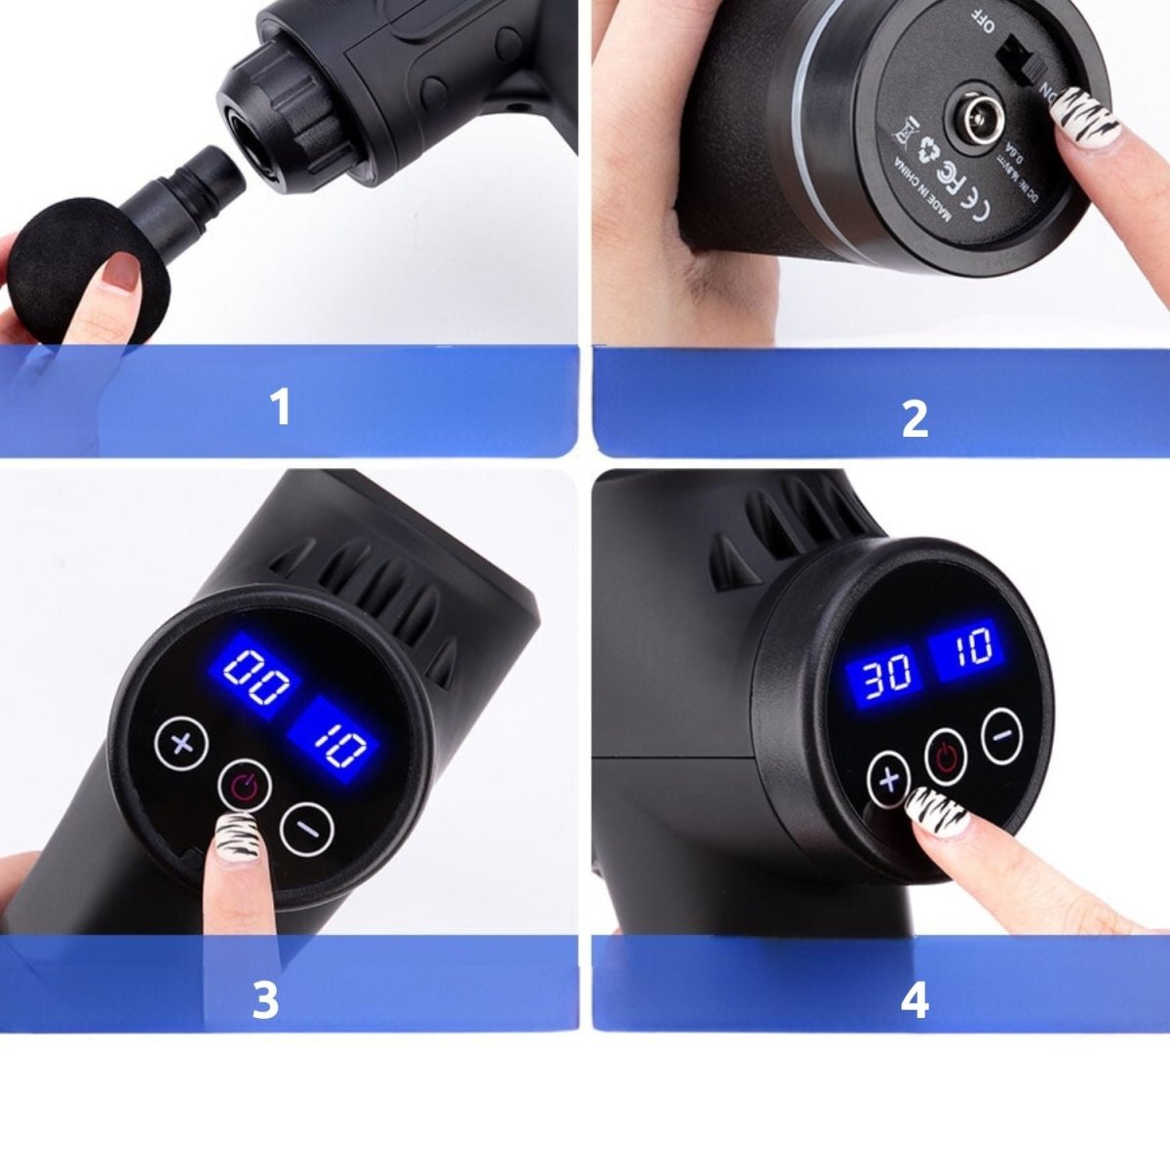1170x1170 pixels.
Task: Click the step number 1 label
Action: (x=280, y=408)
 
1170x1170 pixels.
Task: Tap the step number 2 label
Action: (x=914, y=419)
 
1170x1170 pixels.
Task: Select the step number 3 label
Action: (x=265, y=1000)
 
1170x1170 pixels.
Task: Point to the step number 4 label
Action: (x=914, y=1000)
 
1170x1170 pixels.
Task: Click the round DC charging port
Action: (x=973, y=121)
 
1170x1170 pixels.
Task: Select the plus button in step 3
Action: (x=182, y=745)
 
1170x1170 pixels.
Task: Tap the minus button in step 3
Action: (x=307, y=828)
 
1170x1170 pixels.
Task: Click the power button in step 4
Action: (x=947, y=756)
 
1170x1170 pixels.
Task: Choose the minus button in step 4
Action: (x=1002, y=735)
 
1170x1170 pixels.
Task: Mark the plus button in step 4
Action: (x=888, y=779)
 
